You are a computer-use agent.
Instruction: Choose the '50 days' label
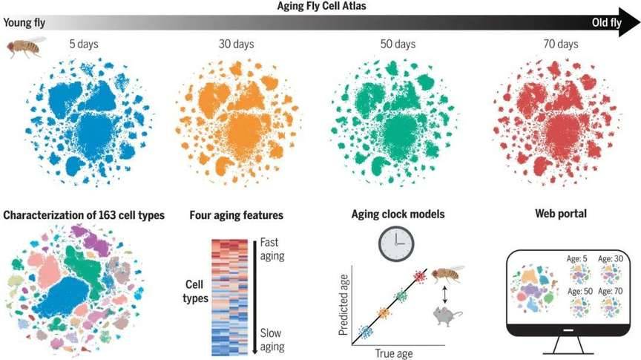click(x=395, y=45)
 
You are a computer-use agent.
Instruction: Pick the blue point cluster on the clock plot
click(x=365, y=332)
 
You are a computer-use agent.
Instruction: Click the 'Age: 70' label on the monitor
click(x=614, y=291)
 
